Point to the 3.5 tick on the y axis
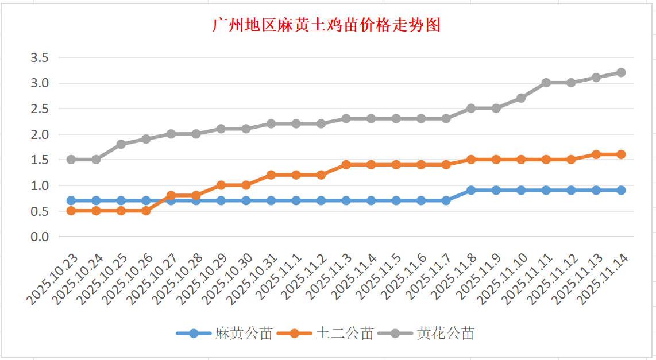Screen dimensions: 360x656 pyautogui.click(x=40, y=57)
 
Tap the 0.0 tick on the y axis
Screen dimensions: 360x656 pyautogui.click(x=40, y=237)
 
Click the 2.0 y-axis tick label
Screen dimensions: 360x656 pyautogui.click(x=40, y=134)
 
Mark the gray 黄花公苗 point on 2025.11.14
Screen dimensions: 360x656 pyautogui.click(x=621, y=72)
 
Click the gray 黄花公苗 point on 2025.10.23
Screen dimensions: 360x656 pyautogui.click(x=71, y=160)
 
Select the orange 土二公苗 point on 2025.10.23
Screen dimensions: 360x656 pyautogui.click(x=71, y=211)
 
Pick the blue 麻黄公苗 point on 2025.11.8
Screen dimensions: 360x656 pyautogui.click(x=471, y=190)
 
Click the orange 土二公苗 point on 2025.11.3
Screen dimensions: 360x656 pyautogui.click(x=346, y=165)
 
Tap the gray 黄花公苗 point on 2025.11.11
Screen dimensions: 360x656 pyautogui.click(x=546, y=83)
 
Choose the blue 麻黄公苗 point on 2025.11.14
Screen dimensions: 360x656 pyautogui.click(x=621, y=190)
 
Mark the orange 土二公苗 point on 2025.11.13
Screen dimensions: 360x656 pyautogui.click(x=596, y=154)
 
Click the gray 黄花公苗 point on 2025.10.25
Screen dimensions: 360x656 pyautogui.click(x=121, y=144)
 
